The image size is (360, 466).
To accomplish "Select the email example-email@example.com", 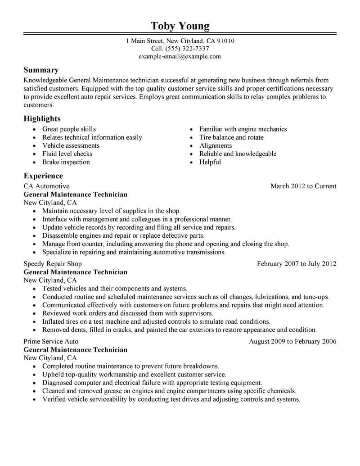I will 180,56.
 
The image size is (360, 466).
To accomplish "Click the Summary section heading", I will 41,70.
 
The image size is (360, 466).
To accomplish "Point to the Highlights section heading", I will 42,118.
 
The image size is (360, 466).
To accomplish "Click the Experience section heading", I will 43,176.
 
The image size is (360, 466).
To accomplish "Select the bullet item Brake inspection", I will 66,162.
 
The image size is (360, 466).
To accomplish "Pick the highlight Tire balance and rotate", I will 231,137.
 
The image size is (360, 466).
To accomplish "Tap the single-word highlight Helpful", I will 210,162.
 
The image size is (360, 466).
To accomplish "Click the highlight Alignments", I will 216,145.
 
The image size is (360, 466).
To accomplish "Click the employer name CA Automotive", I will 46,186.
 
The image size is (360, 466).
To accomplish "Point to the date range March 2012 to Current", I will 303,186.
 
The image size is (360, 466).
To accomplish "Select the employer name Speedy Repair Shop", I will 53,264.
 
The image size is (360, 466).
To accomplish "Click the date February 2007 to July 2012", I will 297,264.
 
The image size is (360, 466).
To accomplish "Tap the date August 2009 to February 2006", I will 292,341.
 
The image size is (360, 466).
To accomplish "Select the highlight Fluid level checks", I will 67,154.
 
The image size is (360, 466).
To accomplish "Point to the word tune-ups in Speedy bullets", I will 317,297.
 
